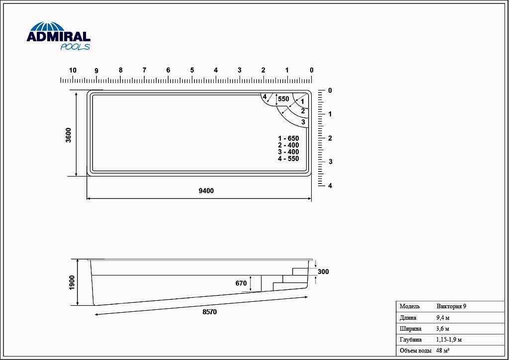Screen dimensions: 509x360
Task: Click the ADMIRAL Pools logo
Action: [x=59, y=36]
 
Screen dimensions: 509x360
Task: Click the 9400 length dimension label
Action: [x=206, y=191]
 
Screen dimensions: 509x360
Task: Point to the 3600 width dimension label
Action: [x=68, y=135]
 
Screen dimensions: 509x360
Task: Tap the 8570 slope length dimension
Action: [x=209, y=312]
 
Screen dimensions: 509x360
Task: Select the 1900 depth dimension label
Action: [x=72, y=283]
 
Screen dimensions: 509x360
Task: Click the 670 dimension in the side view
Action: [x=241, y=283]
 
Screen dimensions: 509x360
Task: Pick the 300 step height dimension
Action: [x=323, y=271]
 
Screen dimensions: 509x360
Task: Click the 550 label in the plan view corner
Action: [x=283, y=99]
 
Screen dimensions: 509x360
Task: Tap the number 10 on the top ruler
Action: [x=73, y=70]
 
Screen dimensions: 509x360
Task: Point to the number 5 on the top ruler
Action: [x=192, y=70]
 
